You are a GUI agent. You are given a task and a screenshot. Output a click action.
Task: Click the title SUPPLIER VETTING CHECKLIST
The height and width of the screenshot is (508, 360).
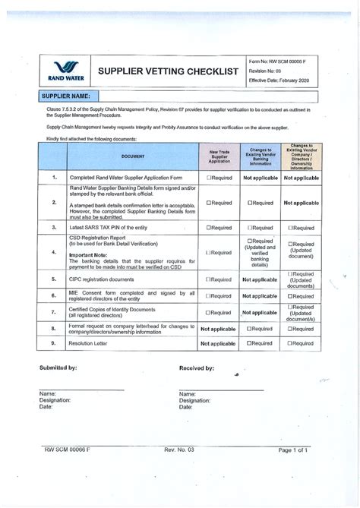click(x=168, y=71)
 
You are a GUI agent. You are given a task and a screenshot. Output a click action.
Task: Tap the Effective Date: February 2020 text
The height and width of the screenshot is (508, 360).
click(x=280, y=79)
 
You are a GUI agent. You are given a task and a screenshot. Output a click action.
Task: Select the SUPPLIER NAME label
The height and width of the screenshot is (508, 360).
click(x=65, y=96)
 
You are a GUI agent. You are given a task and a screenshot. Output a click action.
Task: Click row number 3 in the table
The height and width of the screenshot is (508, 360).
click(x=54, y=227)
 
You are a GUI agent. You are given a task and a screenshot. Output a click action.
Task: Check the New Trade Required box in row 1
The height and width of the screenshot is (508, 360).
click(x=209, y=178)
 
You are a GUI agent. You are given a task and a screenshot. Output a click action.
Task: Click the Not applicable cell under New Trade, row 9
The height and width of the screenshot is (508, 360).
click(x=218, y=344)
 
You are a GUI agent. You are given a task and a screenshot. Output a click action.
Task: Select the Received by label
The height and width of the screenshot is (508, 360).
click(x=196, y=368)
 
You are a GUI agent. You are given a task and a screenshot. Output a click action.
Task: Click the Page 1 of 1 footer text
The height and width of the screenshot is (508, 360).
click(x=292, y=450)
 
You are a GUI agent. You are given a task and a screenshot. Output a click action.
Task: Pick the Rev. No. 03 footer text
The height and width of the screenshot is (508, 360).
click(x=179, y=450)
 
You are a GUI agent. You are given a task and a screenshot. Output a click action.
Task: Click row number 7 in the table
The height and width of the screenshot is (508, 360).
click(x=54, y=312)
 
